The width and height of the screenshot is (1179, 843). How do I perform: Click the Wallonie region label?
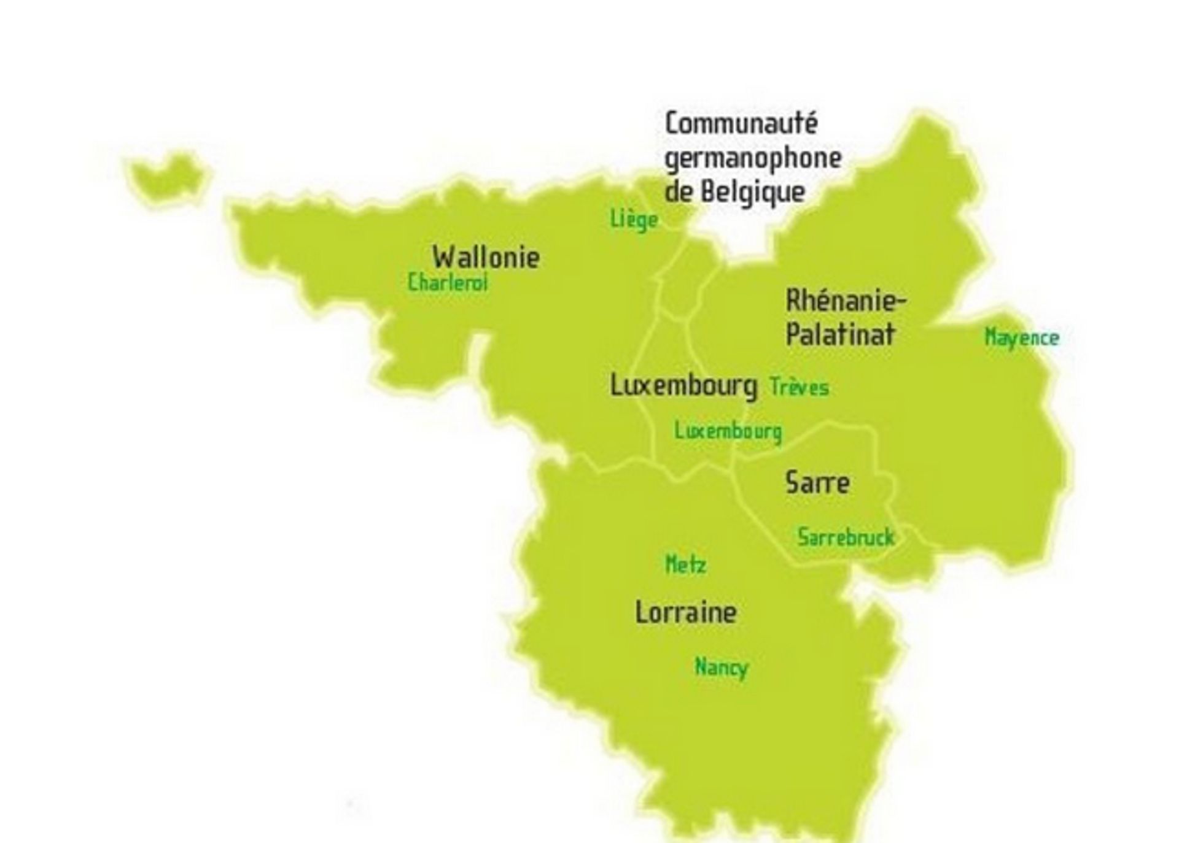coord(486,257)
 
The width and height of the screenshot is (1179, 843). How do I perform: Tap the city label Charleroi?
coord(447,283)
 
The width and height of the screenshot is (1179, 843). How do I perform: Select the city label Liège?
coord(634,220)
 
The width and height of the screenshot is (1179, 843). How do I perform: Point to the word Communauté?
coord(741,123)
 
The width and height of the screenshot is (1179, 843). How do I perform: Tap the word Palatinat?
coord(840,335)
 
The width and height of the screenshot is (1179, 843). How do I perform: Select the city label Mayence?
coord(1022,337)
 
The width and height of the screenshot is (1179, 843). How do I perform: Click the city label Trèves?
coord(799,387)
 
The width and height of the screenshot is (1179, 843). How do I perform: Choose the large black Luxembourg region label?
coord(683,386)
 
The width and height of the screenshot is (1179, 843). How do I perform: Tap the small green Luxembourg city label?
coord(728,431)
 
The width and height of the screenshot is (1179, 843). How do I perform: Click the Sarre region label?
coord(817,483)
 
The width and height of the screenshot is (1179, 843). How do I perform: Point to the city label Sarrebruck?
coord(846,537)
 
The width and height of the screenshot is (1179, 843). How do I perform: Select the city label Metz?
coord(686,564)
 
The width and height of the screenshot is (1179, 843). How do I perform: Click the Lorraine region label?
coord(686,612)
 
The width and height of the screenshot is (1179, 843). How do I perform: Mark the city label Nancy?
coord(722,668)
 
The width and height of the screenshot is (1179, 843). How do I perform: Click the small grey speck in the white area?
coord(349,804)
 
